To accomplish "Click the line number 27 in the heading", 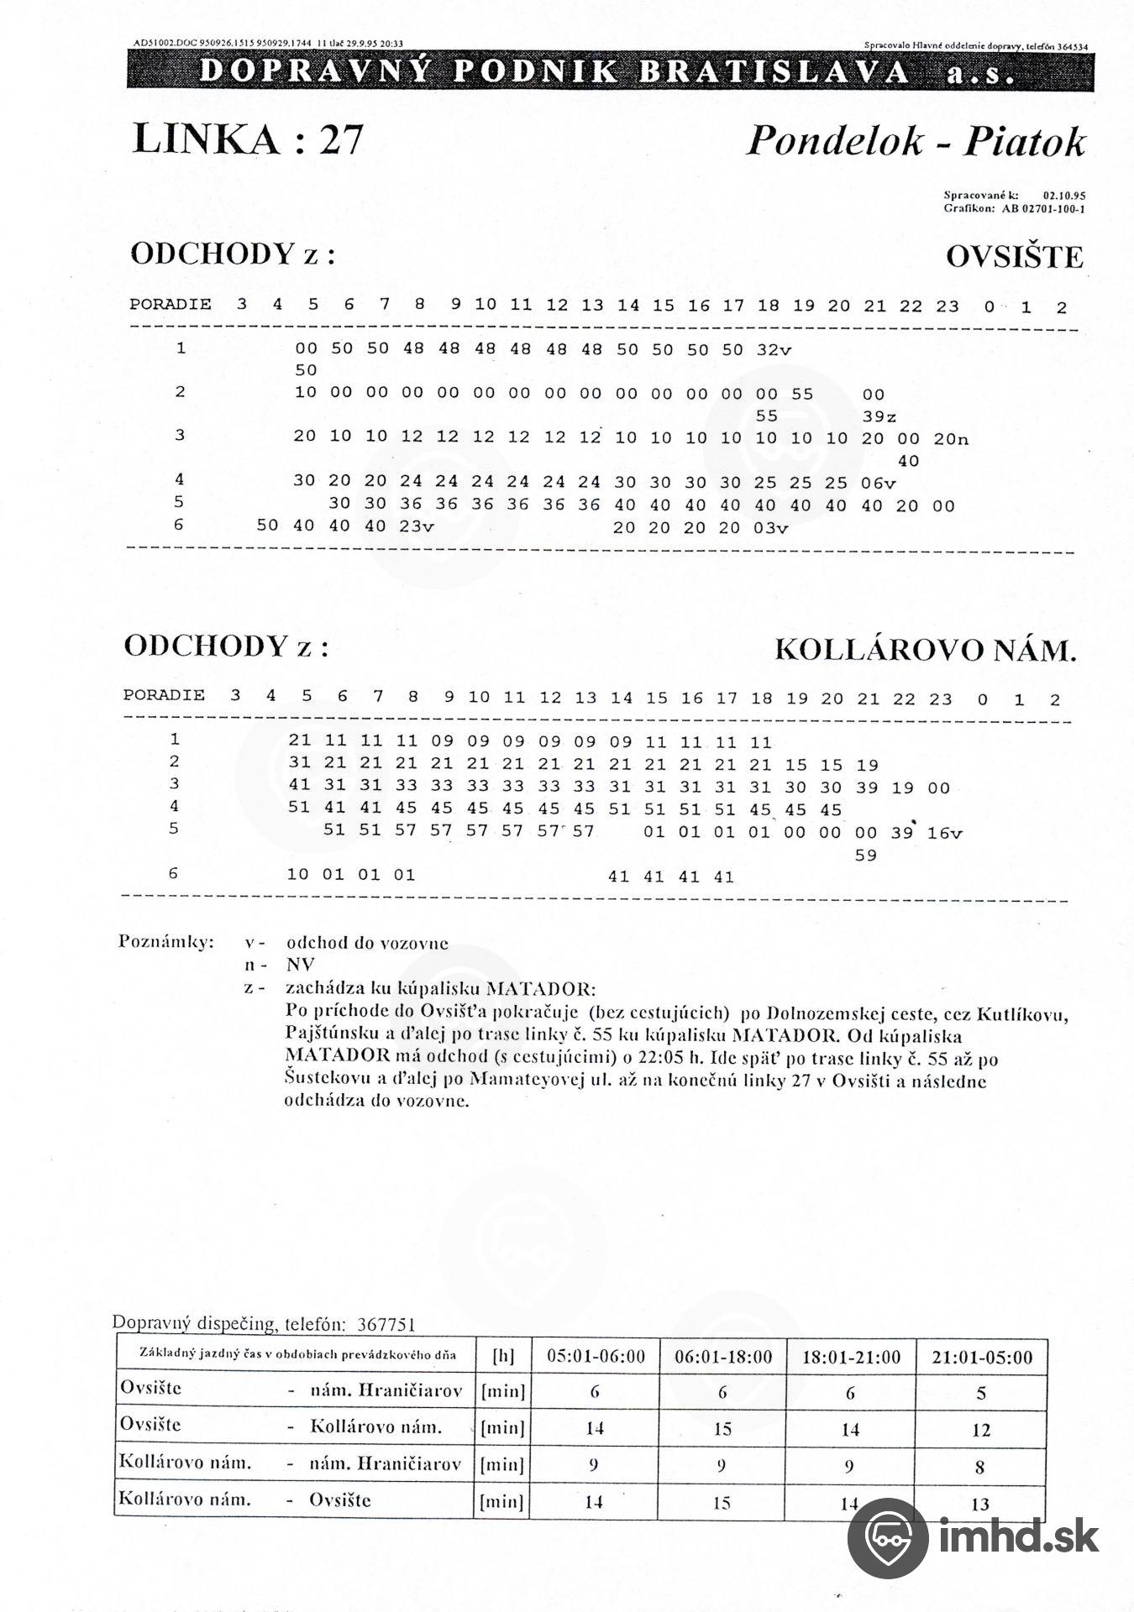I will pyautogui.click(x=339, y=139).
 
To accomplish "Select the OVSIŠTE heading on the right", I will pyautogui.click(x=1014, y=257).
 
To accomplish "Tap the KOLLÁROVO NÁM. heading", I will pyautogui.click(x=925, y=650).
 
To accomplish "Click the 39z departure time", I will pyautogui.click(x=879, y=416).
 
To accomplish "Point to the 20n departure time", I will pyautogui.click(x=951, y=438).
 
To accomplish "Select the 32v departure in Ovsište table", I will pyautogui.click(x=774, y=350).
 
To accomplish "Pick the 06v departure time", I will pyautogui.click(x=879, y=483).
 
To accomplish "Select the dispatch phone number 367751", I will pyautogui.click(x=386, y=1324).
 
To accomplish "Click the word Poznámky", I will pyautogui.click(x=166, y=941).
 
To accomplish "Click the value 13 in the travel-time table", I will pyautogui.click(x=980, y=1504).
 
